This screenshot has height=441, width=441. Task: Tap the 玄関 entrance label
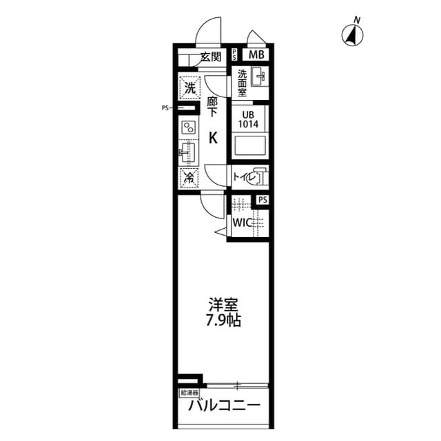[209, 57]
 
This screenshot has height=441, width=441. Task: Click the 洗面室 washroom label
[242, 81]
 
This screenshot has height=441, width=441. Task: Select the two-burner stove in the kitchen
[189, 127]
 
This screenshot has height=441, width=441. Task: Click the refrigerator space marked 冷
[189, 177]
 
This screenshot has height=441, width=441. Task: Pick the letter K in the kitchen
[213, 138]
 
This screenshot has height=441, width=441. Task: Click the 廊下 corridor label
[212, 107]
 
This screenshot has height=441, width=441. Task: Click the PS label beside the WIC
[262, 201]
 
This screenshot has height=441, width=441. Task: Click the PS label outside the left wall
[165, 107]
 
